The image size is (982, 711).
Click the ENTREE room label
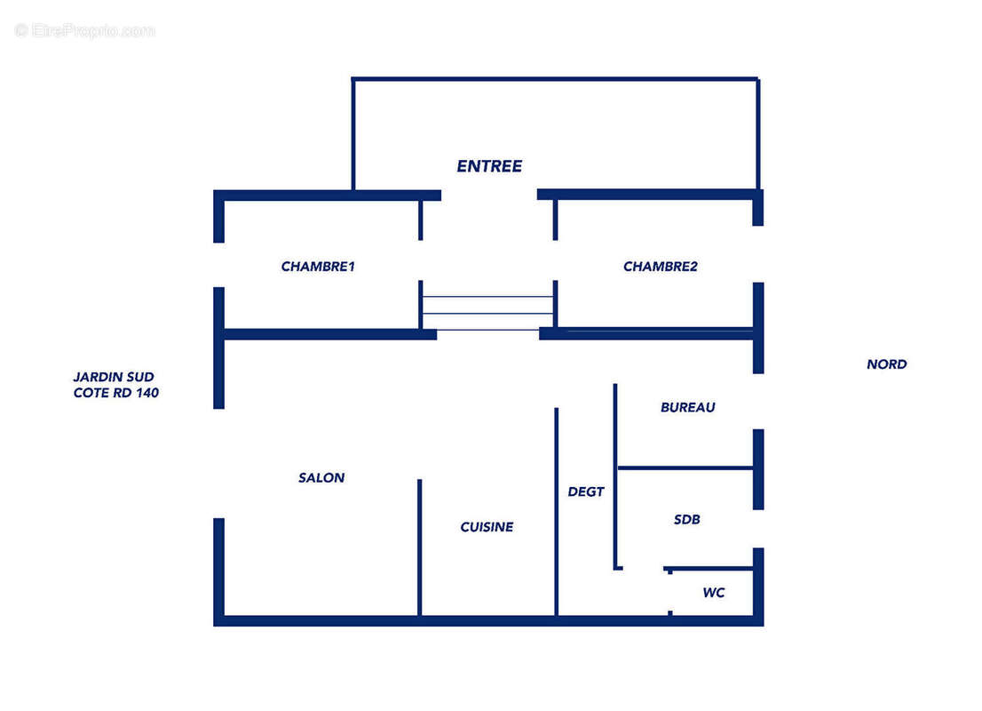(489, 166)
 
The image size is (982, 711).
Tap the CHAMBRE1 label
(318, 267)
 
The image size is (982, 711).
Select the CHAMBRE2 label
(660, 267)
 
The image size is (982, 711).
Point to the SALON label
(321, 478)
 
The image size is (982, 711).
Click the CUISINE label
(487, 527)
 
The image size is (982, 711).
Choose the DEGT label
(586, 492)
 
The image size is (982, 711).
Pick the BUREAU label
(687, 408)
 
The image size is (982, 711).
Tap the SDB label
(687, 520)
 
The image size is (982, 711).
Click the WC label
(714, 593)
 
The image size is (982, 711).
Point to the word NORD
(887, 364)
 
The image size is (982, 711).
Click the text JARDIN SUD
(114, 377)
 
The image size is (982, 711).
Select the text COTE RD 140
(115, 393)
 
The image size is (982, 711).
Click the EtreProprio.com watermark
(84, 30)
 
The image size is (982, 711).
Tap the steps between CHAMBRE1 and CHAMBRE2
(487, 313)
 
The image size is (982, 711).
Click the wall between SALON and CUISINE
(420, 547)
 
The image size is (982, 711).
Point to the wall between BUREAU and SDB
(685, 467)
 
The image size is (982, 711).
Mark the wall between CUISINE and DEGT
(556, 512)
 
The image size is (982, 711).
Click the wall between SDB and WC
(709, 569)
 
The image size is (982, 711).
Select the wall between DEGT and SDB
(615, 476)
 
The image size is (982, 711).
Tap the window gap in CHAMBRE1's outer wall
(218, 265)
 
